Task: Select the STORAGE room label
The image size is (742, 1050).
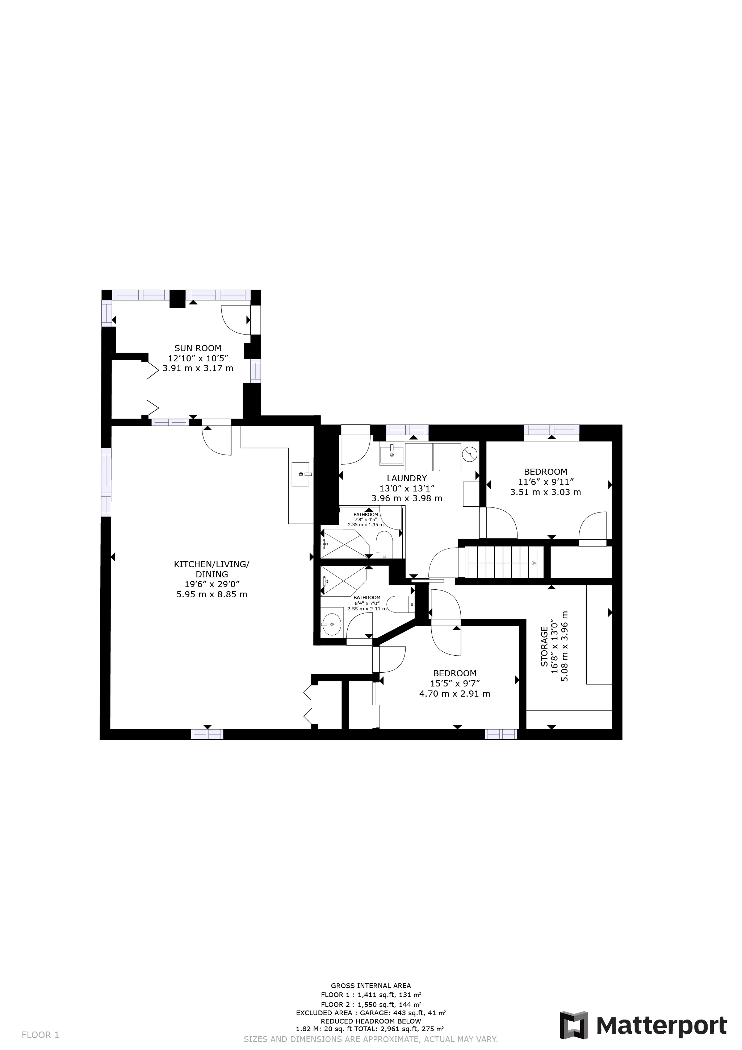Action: coord(544,646)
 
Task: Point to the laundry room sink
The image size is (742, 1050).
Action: coord(392,454)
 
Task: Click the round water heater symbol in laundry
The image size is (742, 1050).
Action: coord(470,455)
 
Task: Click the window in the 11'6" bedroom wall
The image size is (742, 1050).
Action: coord(552,430)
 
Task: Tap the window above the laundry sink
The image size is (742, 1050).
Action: coord(407,430)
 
